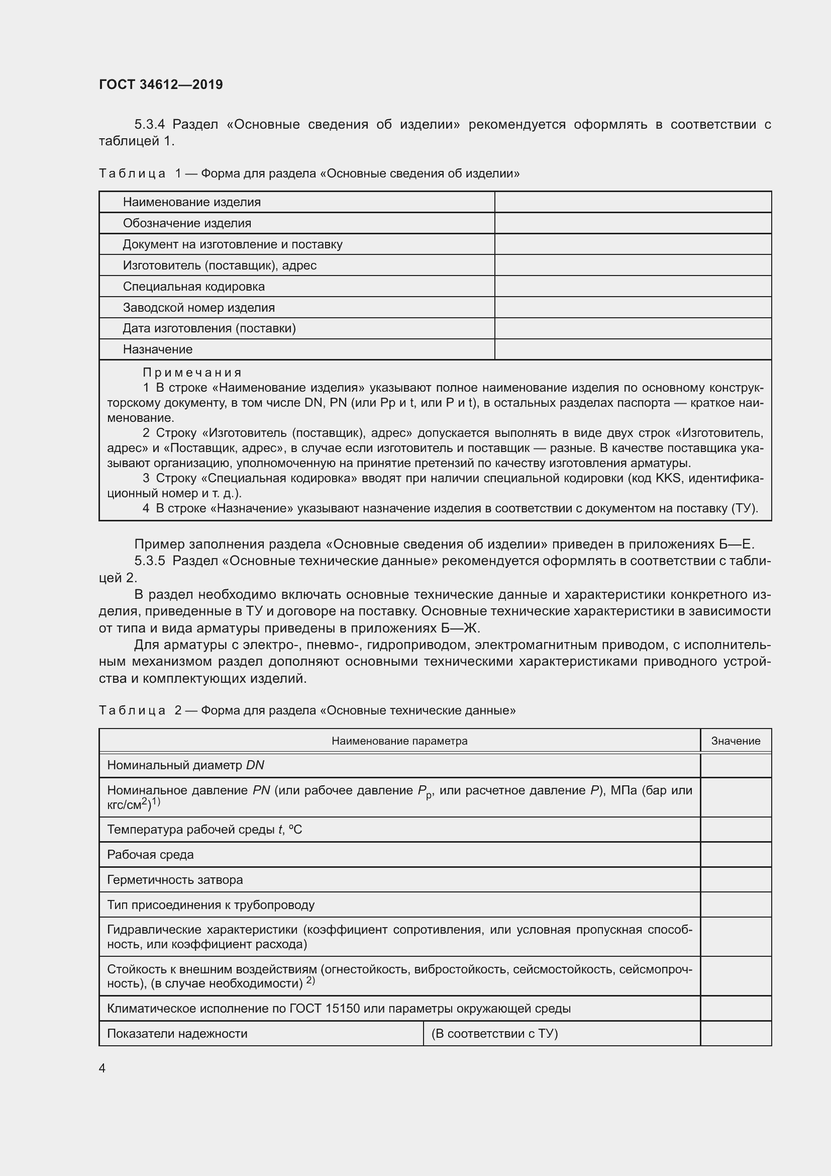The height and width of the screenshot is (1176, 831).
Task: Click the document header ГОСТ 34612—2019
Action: click(x=161, y=84)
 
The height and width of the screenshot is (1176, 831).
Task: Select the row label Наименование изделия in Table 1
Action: click(x=191, y=202)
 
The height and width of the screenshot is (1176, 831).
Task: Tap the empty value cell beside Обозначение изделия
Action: click(x=633, y=223)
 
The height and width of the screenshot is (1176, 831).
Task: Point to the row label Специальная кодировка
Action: click(x=193, y=286)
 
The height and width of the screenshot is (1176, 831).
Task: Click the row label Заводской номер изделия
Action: click(x=198, y=308)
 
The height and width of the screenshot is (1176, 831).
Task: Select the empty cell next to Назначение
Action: click(x=633, y=349)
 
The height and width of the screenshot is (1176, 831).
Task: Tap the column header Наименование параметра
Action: click(x=399, y=741)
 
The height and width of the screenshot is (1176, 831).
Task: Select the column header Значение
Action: click(x=736, y=741)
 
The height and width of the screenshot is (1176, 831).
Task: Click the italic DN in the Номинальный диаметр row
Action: click(x=255, y=765)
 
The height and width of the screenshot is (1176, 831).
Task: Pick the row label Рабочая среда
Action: click(x=150, y=855)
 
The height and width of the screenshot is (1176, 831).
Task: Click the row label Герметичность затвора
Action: click(x=174, y=880)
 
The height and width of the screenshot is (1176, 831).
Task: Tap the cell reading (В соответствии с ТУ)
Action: click(x=494, y=1034)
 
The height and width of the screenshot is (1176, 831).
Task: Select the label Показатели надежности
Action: click(x=177, y=1034)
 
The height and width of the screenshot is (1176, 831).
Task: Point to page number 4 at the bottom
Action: click(x=102, y=1068)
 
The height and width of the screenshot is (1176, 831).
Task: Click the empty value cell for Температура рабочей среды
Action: click(x=736, y=830)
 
